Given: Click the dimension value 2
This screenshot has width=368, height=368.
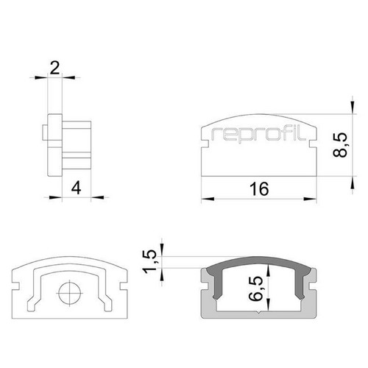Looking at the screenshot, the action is pos(54,68).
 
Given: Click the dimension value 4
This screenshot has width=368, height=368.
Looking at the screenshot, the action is pos(77,188).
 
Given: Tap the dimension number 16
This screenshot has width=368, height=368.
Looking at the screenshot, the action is pos(259,189).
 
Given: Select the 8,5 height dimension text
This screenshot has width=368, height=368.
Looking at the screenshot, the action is pos(340,145).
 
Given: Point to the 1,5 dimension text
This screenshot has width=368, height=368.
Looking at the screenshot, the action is pos(149,261).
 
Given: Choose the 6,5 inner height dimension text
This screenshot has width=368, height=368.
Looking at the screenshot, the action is pos(255,289).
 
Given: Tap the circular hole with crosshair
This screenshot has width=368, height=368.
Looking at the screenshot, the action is pos(70,293).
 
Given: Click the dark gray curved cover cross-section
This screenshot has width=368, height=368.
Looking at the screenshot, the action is pos(259,261).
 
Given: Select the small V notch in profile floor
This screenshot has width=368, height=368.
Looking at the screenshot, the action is pos(259,313).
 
